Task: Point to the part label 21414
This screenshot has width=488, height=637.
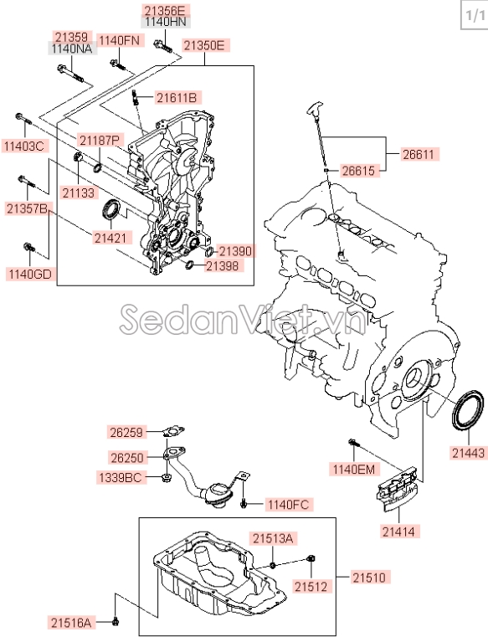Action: coord(398,531)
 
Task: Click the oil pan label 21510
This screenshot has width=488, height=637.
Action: coord(369,578)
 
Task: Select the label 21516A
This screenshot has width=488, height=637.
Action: coord(71,621)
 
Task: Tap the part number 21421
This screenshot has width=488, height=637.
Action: coord(111,239)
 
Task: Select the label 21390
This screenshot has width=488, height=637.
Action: coord(234,251)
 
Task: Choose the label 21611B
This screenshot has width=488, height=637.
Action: coord(176,98)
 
